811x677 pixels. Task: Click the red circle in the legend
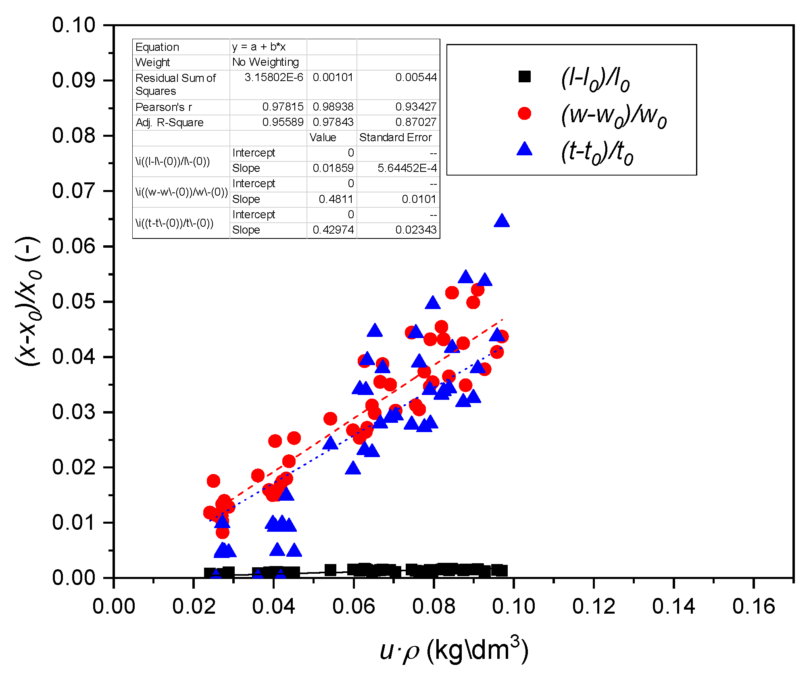point(524,113)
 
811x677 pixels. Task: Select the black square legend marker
point(524,76)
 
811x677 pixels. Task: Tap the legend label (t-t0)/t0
point(597,153)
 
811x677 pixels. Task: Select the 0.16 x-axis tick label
point(753,607)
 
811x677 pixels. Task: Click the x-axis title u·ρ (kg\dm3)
point(454,651)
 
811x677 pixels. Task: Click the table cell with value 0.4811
point(336,199)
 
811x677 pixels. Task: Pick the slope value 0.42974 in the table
point(333,230)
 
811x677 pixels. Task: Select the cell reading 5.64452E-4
point(407,168)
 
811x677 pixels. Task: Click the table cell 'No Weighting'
point(265,62)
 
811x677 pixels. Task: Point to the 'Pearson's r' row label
point(164,107)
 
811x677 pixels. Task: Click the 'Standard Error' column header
point(395,138)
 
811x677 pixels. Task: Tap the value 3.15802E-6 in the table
point(274,77)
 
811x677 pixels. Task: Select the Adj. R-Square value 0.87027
point(416,122)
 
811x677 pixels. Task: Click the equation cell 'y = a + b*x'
point(259,47)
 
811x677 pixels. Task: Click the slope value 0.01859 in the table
point(333,168)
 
